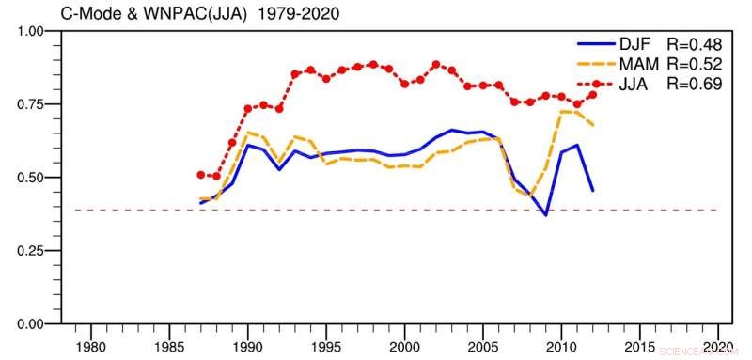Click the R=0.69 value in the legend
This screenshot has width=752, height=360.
[x=693, y=84]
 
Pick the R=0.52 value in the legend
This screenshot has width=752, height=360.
[x=693, y=65]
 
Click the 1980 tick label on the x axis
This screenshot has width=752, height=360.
[x=91, y=345]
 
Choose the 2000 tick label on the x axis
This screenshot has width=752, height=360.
[x=405, y=345]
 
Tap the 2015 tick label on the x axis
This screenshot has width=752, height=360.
[x=639, y=345]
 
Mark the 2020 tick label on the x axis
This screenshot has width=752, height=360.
[x=717, y=345]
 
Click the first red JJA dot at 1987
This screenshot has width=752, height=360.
[x=201, y=175]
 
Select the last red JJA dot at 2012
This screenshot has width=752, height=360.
[x=592, y=95]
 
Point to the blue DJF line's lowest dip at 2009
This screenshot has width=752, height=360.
[x=545, y=215]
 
